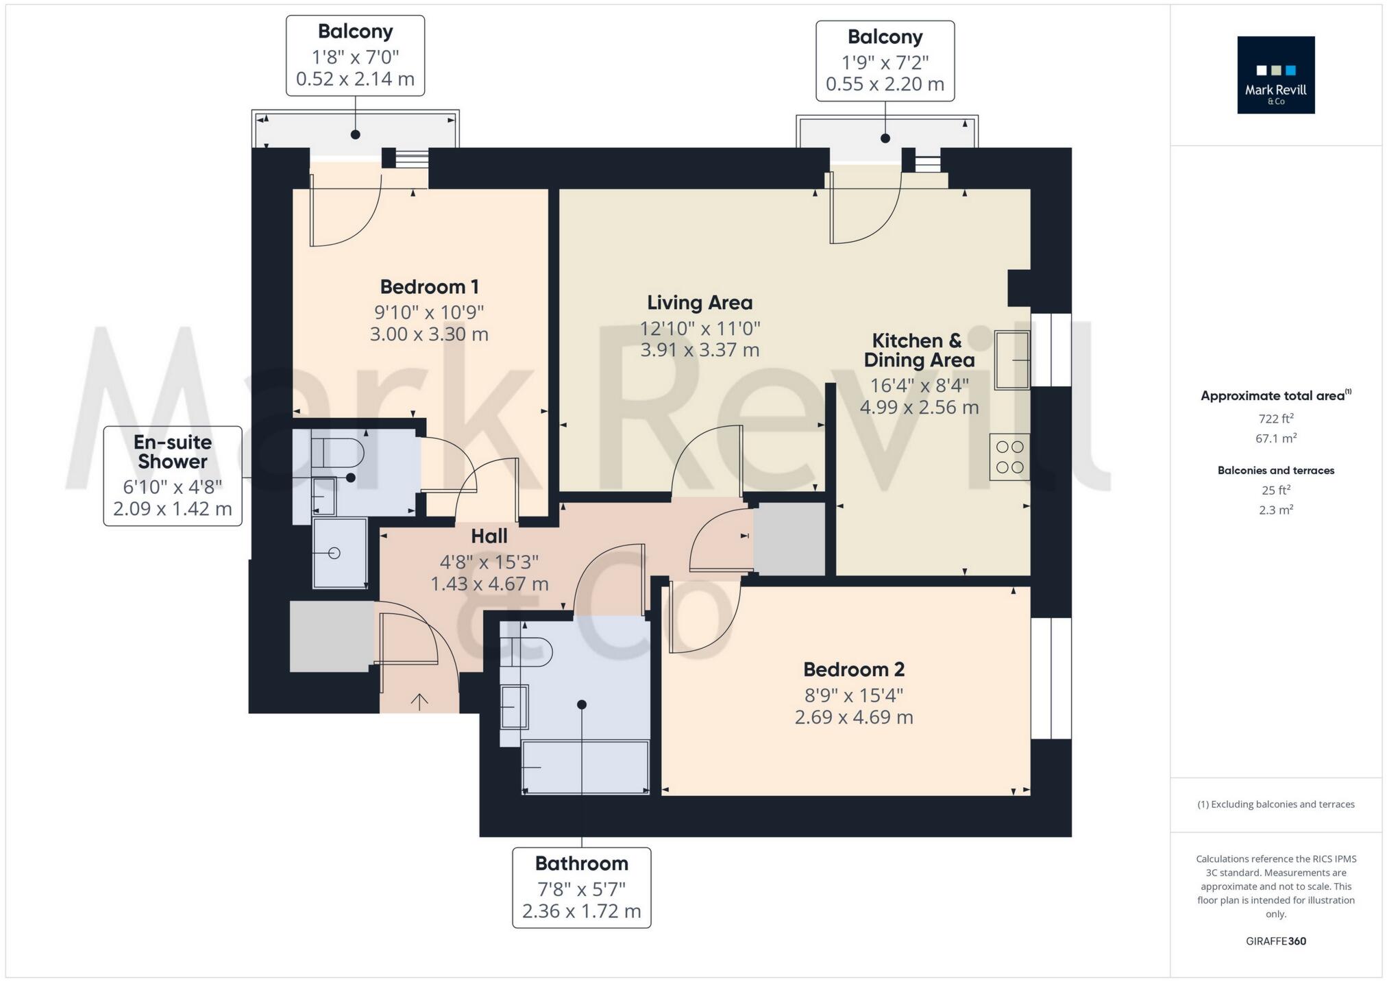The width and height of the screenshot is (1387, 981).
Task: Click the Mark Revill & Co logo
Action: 1275,75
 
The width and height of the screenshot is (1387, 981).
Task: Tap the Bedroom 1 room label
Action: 429,286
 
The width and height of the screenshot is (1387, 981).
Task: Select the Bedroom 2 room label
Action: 854,669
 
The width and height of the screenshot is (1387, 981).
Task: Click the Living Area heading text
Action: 700,302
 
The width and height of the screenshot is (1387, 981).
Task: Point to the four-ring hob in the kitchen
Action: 1009,457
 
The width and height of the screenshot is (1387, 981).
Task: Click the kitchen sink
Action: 1012,360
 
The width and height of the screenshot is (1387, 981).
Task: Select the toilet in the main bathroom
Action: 526,651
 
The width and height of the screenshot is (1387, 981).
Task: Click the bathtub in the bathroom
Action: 585,767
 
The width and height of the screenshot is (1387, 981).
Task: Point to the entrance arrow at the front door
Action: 419,701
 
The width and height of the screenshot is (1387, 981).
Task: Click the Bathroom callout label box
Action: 582,888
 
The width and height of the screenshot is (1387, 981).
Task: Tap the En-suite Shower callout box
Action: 173,476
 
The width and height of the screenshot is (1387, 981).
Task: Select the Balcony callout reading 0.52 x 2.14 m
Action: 355,55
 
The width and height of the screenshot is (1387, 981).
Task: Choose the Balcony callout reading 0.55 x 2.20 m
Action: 885,61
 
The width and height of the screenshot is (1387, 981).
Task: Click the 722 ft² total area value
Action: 1276,419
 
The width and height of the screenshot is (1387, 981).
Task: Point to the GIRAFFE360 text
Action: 1276,941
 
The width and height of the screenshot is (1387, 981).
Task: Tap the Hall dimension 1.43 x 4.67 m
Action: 489,584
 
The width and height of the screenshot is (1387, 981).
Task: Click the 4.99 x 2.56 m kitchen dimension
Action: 919,407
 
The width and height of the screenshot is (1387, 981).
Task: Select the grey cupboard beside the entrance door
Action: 332,636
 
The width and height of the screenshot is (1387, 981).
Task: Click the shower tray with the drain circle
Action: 340,553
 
